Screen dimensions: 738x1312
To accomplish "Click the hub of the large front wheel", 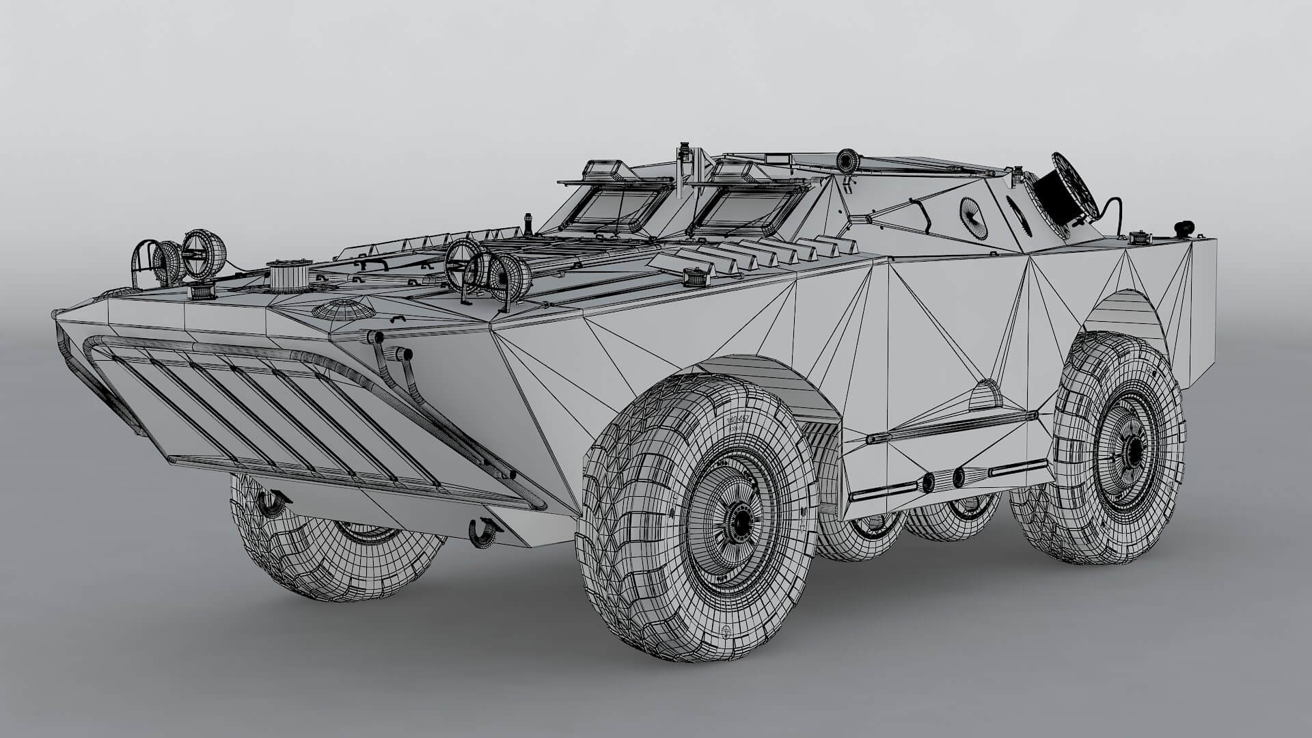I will pos(741,523).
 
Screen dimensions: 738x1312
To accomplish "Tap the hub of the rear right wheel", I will pos(1134,449).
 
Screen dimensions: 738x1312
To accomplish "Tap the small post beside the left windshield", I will pos(528,222).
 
